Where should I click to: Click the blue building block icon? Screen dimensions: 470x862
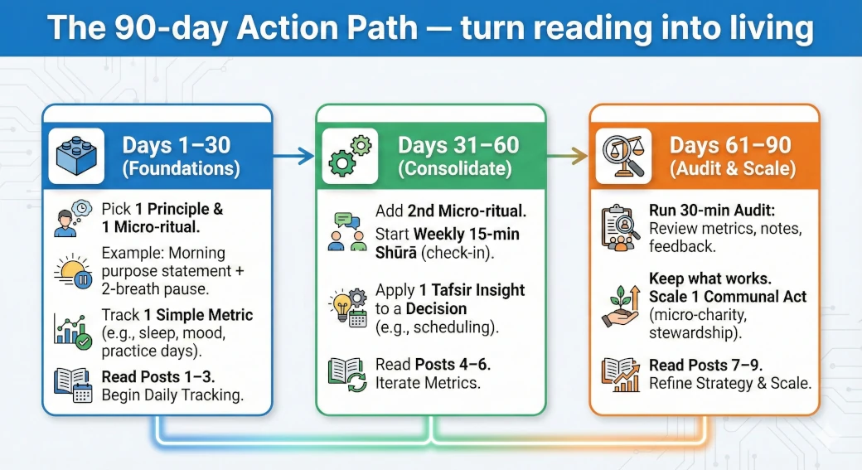point(76,155)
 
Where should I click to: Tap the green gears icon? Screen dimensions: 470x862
point(349,156)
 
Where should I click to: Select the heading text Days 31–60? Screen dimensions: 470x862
point(458,145)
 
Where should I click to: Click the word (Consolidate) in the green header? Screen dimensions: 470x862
point(458,168)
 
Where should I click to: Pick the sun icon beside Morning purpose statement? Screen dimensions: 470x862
point(72,270)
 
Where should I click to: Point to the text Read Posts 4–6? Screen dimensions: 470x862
point(426,365)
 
